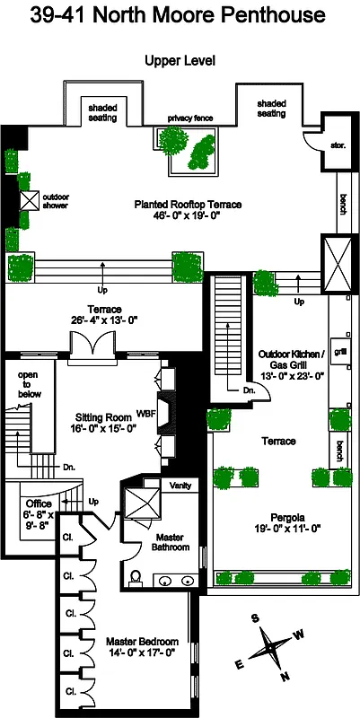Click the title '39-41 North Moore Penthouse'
tap(178, 16)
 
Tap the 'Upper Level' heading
tap(180, 60)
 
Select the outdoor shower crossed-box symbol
tap(29, 200)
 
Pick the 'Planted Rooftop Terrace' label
tap(188, 205)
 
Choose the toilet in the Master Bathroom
tap(135, 575)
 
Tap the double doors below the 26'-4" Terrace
tap(94, 345)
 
